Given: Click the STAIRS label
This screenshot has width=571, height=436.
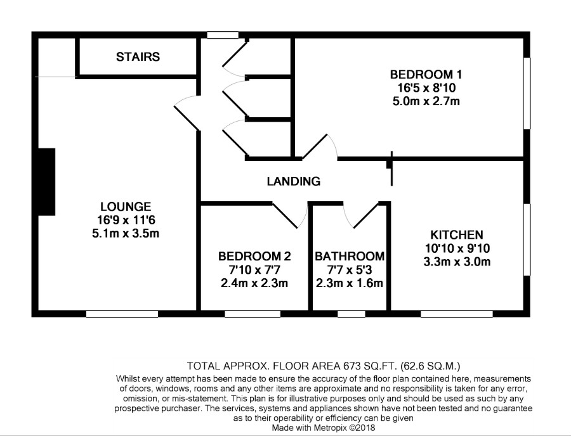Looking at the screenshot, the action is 138,57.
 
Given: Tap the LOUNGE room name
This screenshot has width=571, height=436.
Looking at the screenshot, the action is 126,207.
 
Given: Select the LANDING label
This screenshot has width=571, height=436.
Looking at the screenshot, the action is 294,181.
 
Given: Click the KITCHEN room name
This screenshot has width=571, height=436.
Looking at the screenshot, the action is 457,234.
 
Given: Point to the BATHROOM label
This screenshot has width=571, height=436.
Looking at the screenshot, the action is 350,257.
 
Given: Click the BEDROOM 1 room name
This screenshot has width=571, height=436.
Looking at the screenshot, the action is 426,75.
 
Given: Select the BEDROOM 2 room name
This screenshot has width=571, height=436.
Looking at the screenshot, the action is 254,257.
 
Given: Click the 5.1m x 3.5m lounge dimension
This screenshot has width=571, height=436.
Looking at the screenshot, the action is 126,233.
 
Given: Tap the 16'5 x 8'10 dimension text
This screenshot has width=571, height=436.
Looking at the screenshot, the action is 426,87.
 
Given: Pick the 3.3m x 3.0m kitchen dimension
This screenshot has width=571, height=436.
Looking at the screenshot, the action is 457,262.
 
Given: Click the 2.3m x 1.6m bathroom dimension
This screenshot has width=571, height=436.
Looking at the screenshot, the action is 350,283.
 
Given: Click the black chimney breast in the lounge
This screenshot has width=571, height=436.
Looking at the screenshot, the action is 46,181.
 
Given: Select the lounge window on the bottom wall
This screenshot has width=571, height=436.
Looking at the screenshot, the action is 122,314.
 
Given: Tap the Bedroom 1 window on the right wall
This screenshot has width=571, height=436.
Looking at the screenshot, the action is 527,93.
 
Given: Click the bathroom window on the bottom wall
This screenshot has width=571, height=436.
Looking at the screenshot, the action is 351,314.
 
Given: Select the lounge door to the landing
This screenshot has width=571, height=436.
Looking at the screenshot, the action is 187,113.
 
